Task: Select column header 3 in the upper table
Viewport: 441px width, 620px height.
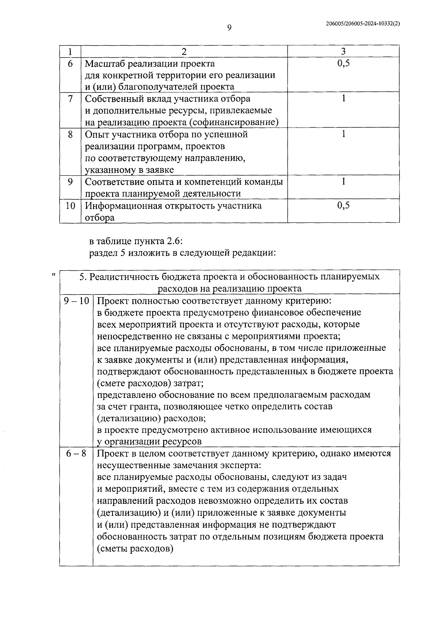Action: (343, 51)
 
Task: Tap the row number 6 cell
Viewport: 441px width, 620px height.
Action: (70, 64)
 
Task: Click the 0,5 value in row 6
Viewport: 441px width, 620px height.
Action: (343, 63)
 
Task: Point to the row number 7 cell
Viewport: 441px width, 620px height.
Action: (70, 99)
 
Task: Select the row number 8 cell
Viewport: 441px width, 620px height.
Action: (70, 134)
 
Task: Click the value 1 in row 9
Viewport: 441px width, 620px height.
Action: (343, 181)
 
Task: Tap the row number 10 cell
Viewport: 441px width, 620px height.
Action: (70, 206)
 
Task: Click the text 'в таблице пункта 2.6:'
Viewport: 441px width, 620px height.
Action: (136, 241)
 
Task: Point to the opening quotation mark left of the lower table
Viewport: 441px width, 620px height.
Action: (54, 275)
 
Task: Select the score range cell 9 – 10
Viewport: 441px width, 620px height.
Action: (76, 301)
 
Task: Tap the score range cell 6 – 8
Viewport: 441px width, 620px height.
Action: (76, 453)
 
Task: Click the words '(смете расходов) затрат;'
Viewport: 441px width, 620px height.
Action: (150, 383)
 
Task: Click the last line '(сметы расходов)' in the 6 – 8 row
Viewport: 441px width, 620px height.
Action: (135, 549)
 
